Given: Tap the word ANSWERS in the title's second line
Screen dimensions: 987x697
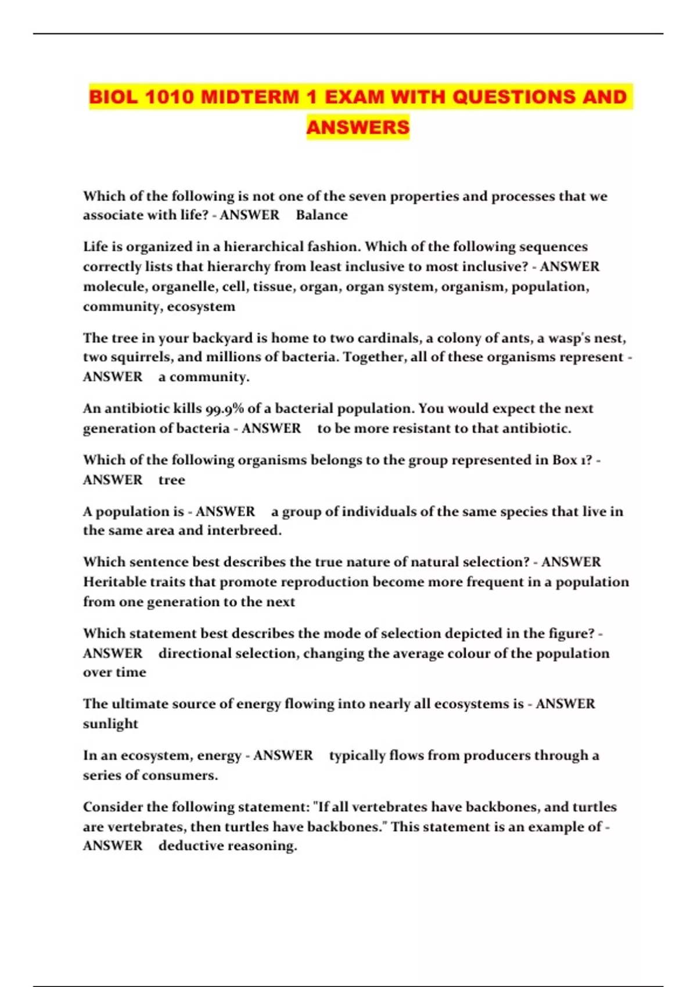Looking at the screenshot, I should [x=358, y=127].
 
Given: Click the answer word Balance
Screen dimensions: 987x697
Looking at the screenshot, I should [x=322, y=215].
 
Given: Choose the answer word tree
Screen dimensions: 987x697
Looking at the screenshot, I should [x=171, y=480].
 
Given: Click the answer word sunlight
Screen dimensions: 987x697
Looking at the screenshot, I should [x=110, y=724].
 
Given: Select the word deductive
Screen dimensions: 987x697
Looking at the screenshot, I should [x=190, y=846].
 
